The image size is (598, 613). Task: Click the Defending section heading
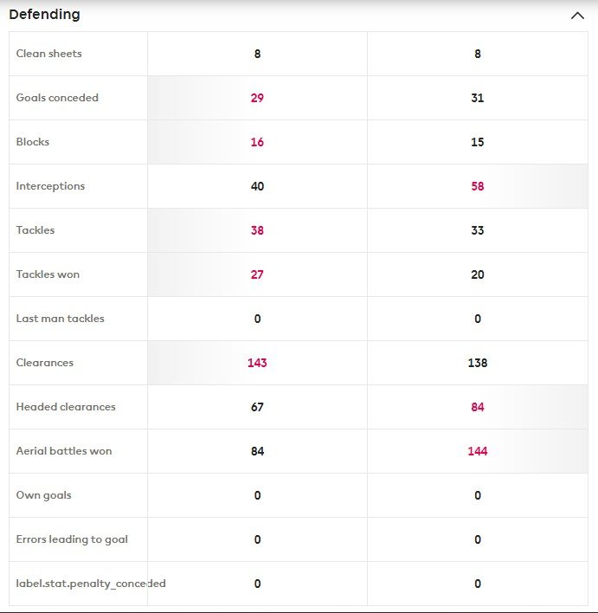tap(44, 15)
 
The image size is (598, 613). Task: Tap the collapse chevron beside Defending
tap(577, 16)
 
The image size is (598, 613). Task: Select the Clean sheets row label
tap(49, 54)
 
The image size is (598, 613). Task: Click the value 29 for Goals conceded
tap(257, 98)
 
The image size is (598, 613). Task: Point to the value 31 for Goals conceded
tap(478, 98)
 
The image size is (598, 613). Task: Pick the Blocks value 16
tap(257, 142)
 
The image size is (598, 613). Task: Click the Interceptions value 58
tap(478, 186)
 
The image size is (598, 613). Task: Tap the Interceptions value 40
tap(257, 186)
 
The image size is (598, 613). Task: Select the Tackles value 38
tap(257, 230)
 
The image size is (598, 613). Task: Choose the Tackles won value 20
tap(478, 274)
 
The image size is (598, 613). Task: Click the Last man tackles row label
tap(61, 319)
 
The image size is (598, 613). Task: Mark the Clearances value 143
tap(257, 363)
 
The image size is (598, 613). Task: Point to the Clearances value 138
tap(478, 363)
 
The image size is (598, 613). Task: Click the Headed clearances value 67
tap(257, 407)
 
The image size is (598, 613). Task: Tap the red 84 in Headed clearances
tap(478, 407)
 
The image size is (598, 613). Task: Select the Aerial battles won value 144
tap(478, 451)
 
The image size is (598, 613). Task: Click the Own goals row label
tap(44, 495)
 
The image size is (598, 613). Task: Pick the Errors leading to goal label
tap(72, 539)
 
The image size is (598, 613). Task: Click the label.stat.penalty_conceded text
tap(91, 584)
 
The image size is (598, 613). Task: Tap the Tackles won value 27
tap(257, 274)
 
